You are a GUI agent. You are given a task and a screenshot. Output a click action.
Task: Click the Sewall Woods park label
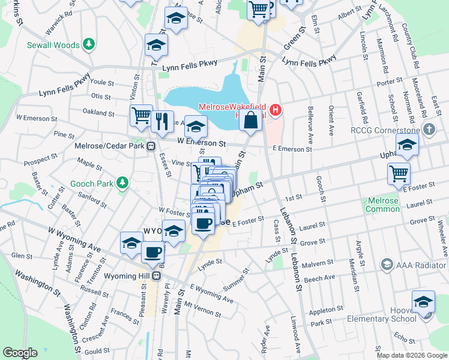point(53,45)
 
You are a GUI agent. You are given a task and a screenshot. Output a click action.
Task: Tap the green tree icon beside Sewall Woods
point(89,44)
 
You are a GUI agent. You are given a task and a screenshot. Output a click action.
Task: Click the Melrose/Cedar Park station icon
point(151,146)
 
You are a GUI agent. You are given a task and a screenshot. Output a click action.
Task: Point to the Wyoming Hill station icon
point(157,275)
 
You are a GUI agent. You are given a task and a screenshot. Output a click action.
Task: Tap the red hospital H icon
point(276,110)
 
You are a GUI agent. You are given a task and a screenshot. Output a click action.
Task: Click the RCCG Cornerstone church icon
point(429,129)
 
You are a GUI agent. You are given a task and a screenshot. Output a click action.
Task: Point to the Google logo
point(20,353)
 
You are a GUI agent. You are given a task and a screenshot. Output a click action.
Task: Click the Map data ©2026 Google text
point(411,355)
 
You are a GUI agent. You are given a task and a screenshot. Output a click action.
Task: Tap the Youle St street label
point(102,82)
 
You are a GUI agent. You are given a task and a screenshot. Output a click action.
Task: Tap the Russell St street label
point(94,292)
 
